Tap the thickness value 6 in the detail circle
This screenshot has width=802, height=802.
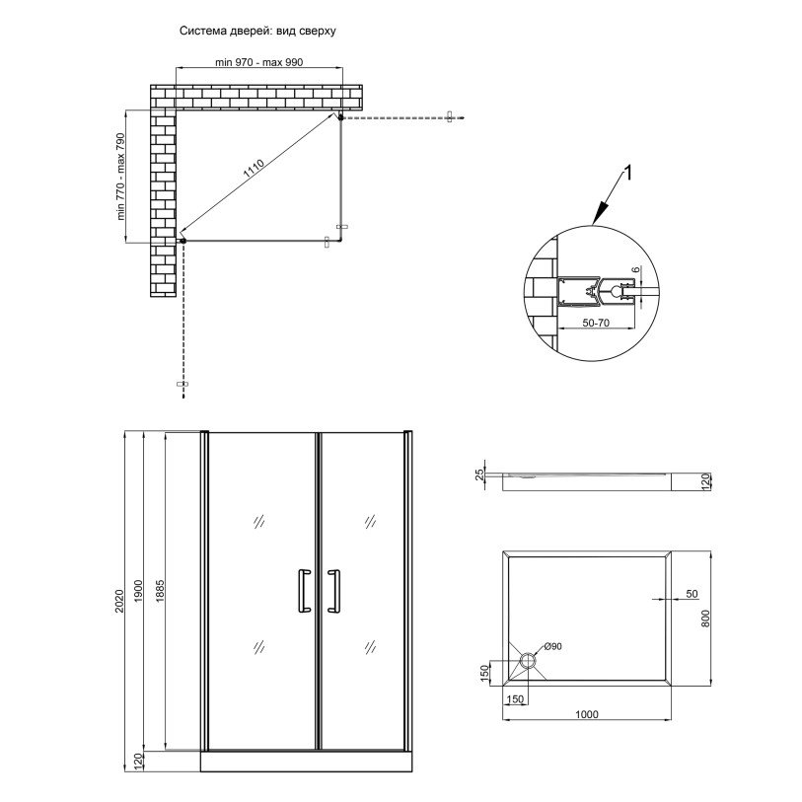point(636,270)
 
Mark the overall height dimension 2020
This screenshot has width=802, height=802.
point(119,601)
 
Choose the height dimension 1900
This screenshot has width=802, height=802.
point(141,591)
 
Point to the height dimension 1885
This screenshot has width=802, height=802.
point(161,591)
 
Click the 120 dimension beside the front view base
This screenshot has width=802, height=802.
point(139,760)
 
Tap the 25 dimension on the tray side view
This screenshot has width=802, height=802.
point(479,475)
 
